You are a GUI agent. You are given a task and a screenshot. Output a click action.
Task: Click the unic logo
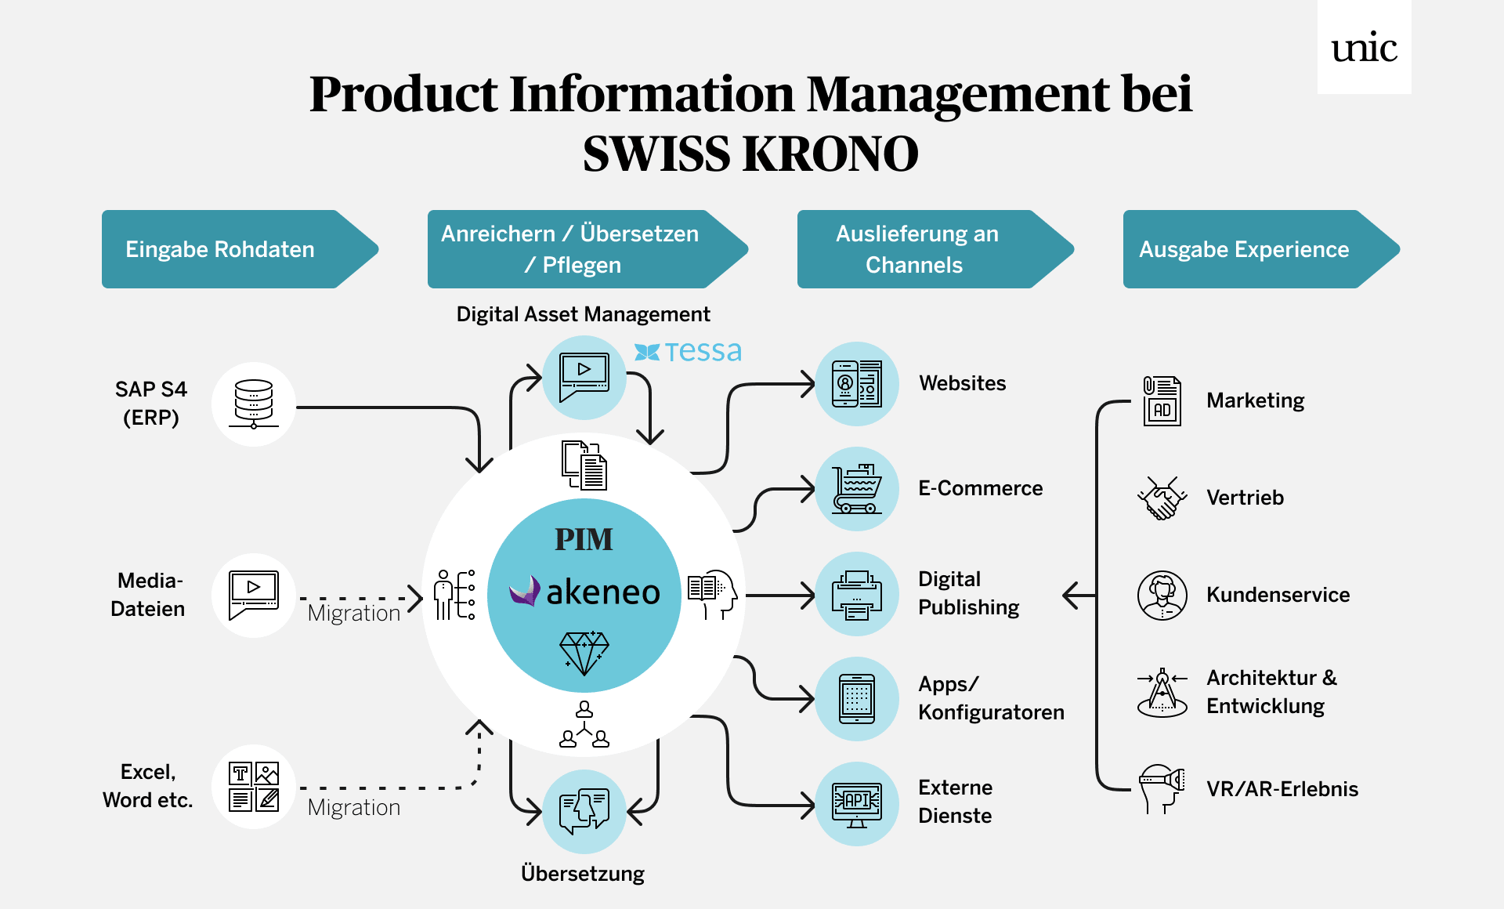[1364, 48]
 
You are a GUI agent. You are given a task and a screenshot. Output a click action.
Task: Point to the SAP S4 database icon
[253, 404]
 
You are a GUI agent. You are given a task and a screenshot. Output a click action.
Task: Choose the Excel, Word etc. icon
[253, 786]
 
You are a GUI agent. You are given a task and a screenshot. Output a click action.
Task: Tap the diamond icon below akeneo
[584, 653]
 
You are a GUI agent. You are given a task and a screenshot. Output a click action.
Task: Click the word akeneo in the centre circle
[602, 592]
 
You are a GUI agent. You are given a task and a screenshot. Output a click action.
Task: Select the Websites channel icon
[857, 384]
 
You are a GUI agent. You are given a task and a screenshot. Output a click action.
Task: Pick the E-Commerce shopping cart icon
[857, 489]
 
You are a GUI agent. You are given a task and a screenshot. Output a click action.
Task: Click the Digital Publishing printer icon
[857, 594]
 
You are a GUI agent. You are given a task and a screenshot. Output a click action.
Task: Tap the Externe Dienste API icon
[857, 804]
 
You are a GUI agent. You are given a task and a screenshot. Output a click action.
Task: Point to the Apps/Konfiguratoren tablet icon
[857, 698]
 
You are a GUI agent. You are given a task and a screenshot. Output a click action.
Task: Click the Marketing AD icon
[1162, 400]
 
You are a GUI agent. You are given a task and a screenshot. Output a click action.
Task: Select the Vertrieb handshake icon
[1162, 498]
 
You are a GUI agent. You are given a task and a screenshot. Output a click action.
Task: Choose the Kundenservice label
[1278, 595]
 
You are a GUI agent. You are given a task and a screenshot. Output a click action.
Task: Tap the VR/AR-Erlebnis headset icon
[1162, 788]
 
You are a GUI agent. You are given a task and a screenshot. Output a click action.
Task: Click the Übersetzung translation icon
[584, 812]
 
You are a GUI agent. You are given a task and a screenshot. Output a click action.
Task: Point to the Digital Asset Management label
[583, 314]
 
